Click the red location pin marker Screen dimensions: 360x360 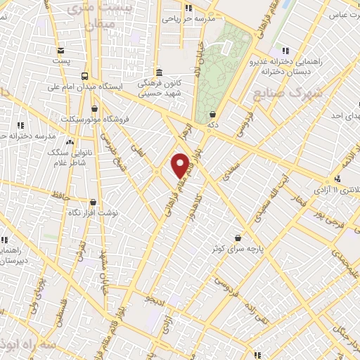coord(181,166)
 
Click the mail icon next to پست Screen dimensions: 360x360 coord(61,51)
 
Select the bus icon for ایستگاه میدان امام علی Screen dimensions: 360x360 coord(84,76)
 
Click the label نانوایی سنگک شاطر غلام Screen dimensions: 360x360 coord(64,157)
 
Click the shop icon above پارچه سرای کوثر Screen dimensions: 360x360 coord(238,238)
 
